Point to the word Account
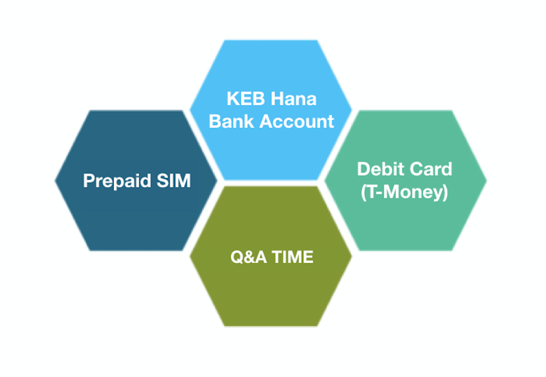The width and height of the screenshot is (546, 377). coord(297,121)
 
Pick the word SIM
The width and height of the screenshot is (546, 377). coord(174,180)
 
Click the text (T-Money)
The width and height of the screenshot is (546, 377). coord(404,192)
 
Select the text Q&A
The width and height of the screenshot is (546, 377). coord(249,257)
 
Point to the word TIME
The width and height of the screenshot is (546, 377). coord(293,257)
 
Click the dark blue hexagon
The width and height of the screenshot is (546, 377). coord(136,180)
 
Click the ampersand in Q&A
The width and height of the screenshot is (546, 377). coord(249,257)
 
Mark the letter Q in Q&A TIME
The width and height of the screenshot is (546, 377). coord(237,257)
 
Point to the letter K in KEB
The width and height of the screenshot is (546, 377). coord(233,99)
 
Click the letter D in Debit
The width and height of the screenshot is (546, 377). coord(363,169)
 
